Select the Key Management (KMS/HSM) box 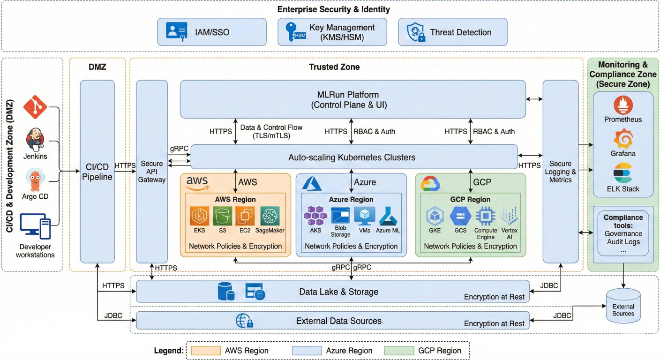tap(332, 32)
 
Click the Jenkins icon tap(36, 139)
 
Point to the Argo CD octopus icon tap(36, 179)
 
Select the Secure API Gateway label tap(152, 172)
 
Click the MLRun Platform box tap(352, 99)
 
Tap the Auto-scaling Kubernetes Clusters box tap(352, 157)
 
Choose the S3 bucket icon tap(223, 216)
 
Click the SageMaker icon tap(270, 216)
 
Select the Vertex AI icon tap(510, 216)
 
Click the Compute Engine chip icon tap(486, 216)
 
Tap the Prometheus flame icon tap(623, 105)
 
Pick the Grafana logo tap(623, 139)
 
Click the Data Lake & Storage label tap(338, 292)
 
